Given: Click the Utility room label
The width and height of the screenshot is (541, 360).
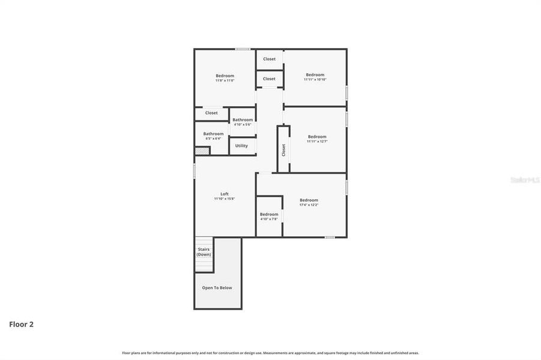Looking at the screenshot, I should click(x=241, y=146).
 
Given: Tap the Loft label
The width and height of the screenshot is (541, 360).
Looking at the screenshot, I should click(x=225, y=194).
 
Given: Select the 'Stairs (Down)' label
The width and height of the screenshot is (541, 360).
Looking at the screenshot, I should click(x=204, y=251).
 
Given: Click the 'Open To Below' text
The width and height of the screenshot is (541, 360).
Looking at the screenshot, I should click(x=217, y=288).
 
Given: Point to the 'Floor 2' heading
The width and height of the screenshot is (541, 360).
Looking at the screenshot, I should click(x=21, y=325).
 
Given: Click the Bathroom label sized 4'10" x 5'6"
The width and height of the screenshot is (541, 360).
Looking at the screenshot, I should click(x=243, y=120).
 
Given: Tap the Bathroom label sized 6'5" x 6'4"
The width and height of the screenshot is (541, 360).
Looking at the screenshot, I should click(x=213, y=134).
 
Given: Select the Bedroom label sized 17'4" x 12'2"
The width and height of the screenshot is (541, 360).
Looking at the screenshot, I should click(x=309, y=200).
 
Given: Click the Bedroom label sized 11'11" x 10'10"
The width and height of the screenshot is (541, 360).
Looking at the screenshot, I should click(x=315, y=75).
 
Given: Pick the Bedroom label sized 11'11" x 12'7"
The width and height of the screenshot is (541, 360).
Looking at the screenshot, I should click(x=317, y=137).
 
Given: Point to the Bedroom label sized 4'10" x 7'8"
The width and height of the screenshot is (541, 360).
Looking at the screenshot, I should click(x=269, y=214).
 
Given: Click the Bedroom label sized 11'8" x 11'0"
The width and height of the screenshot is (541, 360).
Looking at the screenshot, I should click(x=225, y=76).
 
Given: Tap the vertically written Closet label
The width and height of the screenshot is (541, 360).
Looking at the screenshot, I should click(x=283, y=150).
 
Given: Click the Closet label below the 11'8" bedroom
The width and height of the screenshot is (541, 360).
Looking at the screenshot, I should click(x=211, y=113).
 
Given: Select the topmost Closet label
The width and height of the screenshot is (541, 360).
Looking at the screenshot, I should click(x=269, y=59).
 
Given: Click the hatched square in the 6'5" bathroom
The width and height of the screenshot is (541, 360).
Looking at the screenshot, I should click(x=202, y=151).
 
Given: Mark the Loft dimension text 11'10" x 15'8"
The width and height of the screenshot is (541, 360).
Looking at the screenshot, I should click(x=225, y=199).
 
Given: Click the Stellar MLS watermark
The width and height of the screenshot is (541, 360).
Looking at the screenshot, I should click(x=524, y=180).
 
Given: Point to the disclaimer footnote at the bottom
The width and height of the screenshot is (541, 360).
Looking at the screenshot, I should click(x=270, y=353).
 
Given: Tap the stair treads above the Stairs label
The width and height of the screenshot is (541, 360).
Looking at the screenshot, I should click(x=204, y=242).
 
